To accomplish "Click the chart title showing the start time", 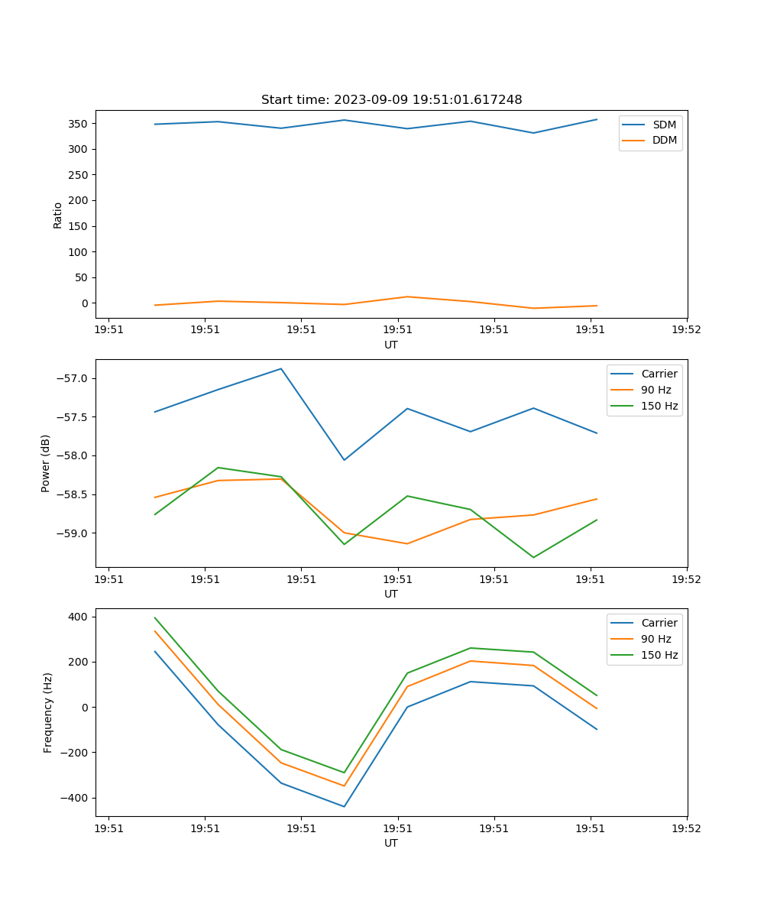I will point(391,100).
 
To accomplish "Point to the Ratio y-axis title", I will point(57,215).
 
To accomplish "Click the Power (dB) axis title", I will point(46,463).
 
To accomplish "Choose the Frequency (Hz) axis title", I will point(47,712).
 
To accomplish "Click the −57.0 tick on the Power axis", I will point(73,379).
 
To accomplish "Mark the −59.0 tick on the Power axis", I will point(73,533).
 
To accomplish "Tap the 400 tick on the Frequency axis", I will point(79,617).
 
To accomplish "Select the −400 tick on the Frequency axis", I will point(76,798).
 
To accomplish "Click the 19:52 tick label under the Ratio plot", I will point(686,330).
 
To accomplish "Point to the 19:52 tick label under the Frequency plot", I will point(686,828).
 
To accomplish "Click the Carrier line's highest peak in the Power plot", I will point(281,369).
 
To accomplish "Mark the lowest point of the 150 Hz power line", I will point(533,557).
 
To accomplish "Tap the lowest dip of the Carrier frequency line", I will point(344,806).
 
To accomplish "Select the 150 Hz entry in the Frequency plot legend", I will point(659,655).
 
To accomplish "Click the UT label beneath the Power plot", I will point(391,594).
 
